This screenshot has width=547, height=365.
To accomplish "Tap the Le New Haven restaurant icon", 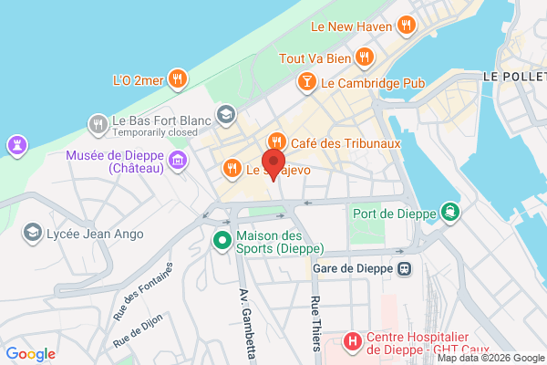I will click(x=407, y=26).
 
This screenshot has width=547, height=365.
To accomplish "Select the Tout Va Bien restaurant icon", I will click(x=365, y=57).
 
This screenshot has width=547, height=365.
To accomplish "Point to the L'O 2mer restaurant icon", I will click(x=181, y=80).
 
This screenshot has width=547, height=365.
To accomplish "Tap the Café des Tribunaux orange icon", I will click(x=274, y=142).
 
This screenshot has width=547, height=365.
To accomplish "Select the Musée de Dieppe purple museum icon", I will click(x=178, y=162).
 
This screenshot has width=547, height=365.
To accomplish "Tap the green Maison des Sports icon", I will click(x=222, y=242).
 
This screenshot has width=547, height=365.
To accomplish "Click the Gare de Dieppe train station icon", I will click(x=404, y=269).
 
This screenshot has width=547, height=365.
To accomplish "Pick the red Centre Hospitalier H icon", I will click(x=353, y=342).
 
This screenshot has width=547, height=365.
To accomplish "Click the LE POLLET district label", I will click(x=514, y=76).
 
